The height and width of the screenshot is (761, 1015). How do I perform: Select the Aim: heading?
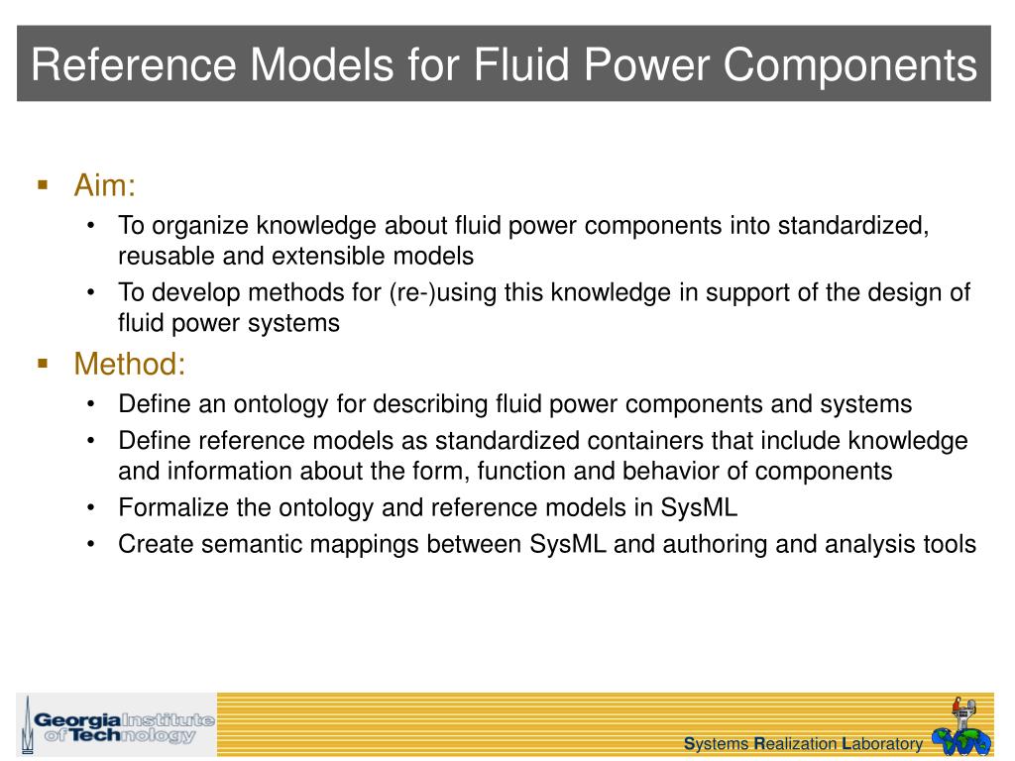tap(104, 185)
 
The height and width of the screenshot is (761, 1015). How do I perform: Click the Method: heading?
tap(130, 365)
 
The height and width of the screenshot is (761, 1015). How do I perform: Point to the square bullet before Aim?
tap(43, 184)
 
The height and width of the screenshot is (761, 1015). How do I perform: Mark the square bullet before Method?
tap(43, 364)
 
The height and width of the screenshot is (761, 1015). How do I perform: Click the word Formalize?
tap(171, 508)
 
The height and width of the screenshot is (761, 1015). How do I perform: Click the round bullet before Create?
tap(91, 545)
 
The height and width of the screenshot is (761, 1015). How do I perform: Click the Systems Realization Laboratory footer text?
tap(804, 744)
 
